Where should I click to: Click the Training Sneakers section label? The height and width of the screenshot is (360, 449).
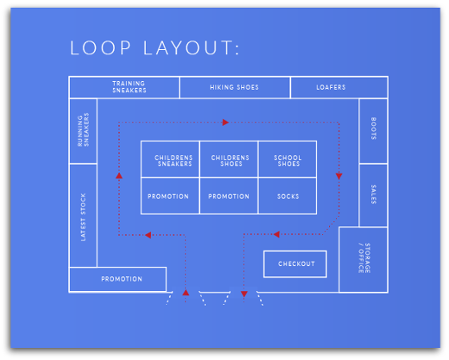129,87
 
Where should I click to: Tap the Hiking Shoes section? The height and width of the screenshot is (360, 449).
234,87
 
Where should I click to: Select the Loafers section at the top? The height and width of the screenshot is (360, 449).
331,87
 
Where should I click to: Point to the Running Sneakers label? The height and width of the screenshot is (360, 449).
84,130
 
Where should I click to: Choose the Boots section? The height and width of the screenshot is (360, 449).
373,130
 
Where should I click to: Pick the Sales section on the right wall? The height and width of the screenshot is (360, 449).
373,194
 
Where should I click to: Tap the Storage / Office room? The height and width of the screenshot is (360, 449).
363,259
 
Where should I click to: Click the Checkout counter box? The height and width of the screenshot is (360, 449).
296,263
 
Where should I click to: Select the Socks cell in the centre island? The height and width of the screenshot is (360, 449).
288,196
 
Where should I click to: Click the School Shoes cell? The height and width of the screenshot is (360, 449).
288,160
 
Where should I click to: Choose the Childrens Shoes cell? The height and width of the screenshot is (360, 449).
229,160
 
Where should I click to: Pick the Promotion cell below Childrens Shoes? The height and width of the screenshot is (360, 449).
229,196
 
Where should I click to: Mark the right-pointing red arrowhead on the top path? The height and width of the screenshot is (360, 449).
225,123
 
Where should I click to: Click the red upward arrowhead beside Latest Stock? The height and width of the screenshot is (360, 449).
119,175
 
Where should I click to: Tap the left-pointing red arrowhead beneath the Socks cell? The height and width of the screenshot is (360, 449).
276,233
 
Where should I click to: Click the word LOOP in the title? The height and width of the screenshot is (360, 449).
98,48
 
